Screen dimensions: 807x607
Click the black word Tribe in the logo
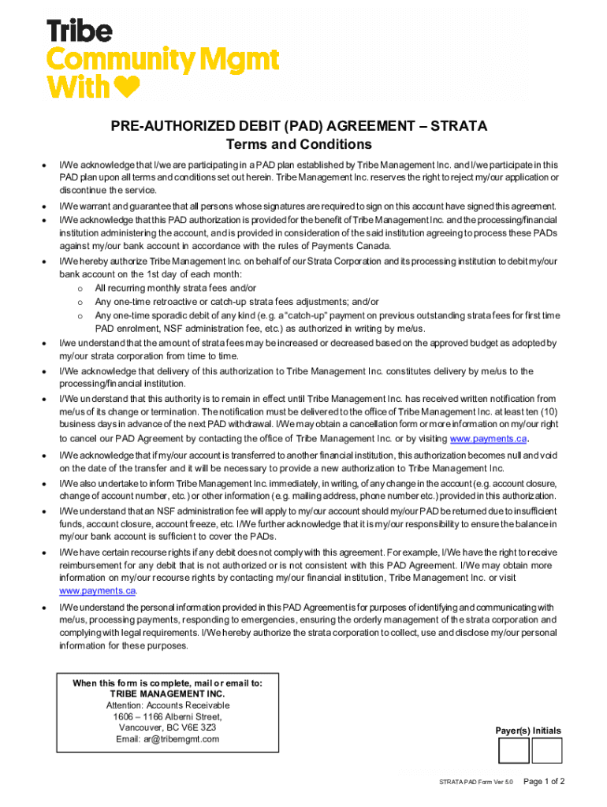point(80,32)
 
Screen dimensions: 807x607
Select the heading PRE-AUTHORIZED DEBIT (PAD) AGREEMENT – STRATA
point(299,126)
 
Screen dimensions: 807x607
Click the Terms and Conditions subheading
point(299,145)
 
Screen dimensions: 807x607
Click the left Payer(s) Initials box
point(513,750)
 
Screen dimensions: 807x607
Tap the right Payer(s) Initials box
point(547,750)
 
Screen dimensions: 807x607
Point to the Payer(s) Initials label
point(528,731)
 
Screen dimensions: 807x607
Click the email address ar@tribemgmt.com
point(167,739)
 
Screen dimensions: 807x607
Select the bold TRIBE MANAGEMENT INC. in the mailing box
point(167,694)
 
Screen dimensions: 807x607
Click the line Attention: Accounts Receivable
point(167,705)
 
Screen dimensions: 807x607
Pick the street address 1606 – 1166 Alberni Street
point(167,717)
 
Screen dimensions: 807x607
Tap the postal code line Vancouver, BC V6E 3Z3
point(167,728)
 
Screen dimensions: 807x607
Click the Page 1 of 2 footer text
point(544,782)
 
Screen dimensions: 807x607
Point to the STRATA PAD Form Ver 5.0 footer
point(476,783)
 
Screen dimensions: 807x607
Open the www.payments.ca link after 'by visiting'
point(488,439)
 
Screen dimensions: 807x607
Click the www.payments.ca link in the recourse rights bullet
point(98,590)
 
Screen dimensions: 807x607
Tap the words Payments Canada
point(354,246)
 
